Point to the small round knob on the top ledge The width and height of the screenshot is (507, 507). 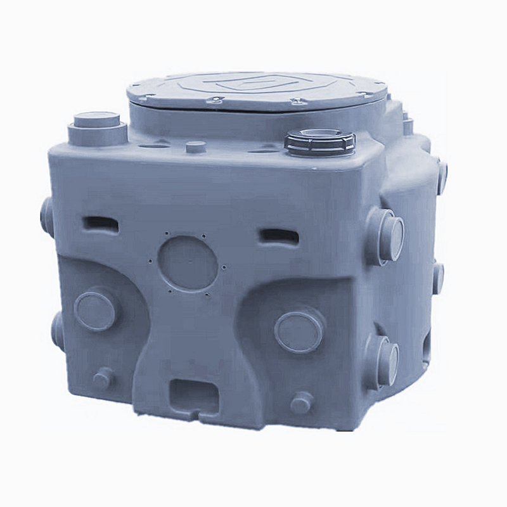pyautogui.click(x=196, y=147)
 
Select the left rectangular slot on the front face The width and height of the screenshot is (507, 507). pyautogui.click(x=101, y=223)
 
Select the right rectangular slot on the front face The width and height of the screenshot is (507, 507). pyautogui.click(x=279, y=236)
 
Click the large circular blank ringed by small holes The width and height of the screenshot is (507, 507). pyautogui.click(x=188, y=263)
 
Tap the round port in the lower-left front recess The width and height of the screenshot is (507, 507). pyautogui.click(x=95, y=309)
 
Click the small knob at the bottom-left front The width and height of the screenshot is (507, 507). pyautogui.click(x=103, y=378)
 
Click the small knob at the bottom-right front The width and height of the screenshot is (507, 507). pyautogui.click(x=302, y=402)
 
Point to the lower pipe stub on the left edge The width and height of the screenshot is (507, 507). pyautogui.click(x=57, y=330)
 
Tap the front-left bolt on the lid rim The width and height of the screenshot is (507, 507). pyautogui.click(x=215, y=99)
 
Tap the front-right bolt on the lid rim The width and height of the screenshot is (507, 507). pyautogui.click(x=298, y=101)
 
